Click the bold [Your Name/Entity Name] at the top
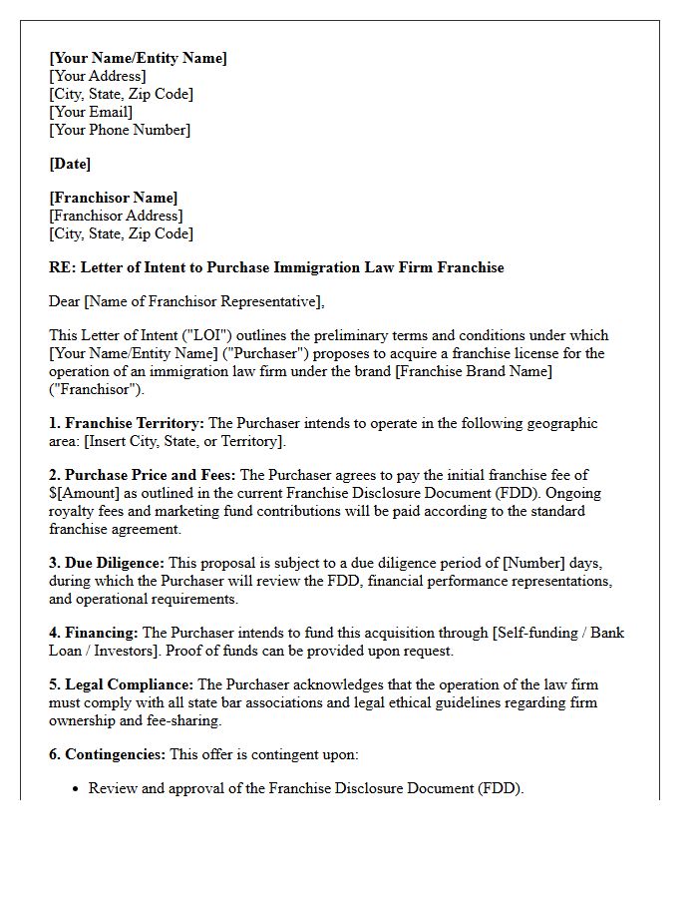[138, 58]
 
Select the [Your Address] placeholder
[97, 76]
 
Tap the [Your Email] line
[91, 112]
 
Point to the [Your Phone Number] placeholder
[120, 130]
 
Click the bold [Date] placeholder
[70, 164]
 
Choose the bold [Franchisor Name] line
[114, 198]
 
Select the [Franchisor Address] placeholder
[116, 216]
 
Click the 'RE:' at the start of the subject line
[63, 267]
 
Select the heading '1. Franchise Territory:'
[127, 423]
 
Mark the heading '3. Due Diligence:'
[107, 563]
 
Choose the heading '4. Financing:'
[94, 633]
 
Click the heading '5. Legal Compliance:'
[122, 684]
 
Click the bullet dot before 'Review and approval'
[77, 789]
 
